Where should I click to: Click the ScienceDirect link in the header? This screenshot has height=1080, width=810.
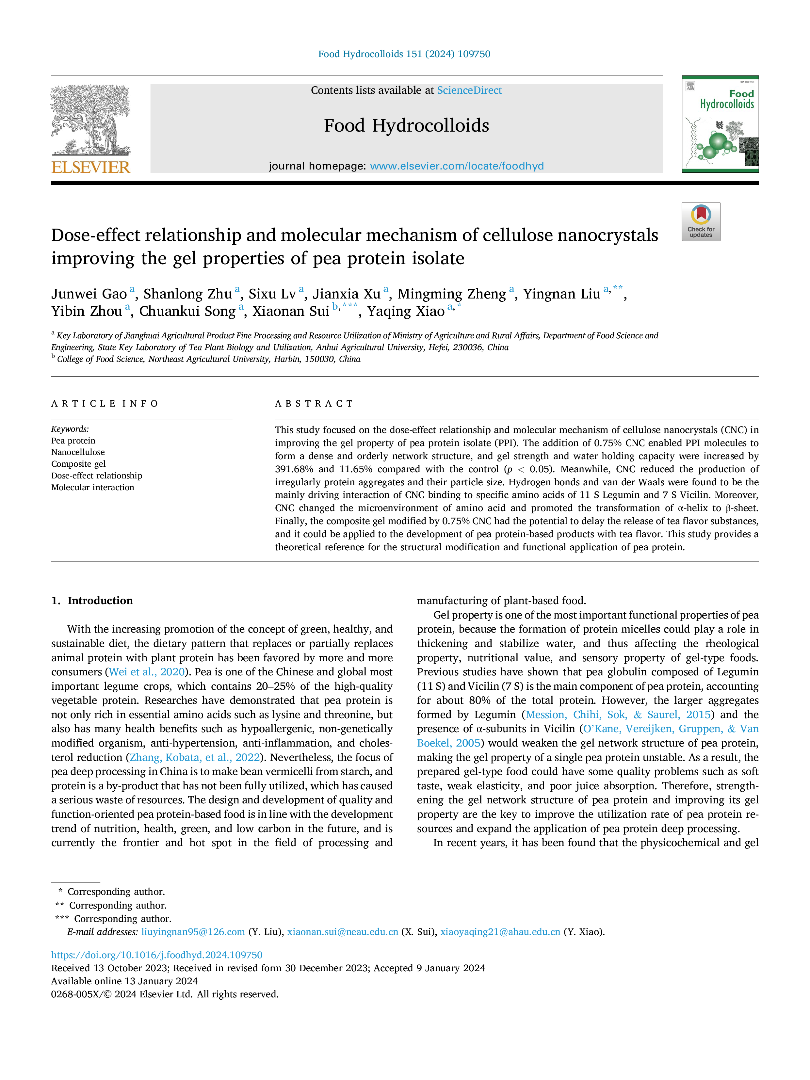[x=469, y=90]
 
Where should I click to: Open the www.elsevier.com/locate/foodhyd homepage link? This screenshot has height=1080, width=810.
[x=457, y=166]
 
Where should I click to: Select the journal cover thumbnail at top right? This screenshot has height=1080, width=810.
[x=720, y=124]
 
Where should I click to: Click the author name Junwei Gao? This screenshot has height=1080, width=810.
[x=89, y=294]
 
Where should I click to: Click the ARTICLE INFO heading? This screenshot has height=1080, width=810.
[x=105, y=404]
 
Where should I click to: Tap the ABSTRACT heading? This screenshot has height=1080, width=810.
[x=314, y=404]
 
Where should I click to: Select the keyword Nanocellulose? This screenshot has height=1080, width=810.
[x=78, y=452]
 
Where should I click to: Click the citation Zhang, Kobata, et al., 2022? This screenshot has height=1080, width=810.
[x=195, y=757]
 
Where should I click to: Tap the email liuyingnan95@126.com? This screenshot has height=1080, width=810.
[x=193, y=932]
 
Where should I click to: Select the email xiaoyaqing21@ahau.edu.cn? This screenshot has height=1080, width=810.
[x=500, y=932]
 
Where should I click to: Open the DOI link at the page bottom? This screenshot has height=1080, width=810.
[x=157, y=955]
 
